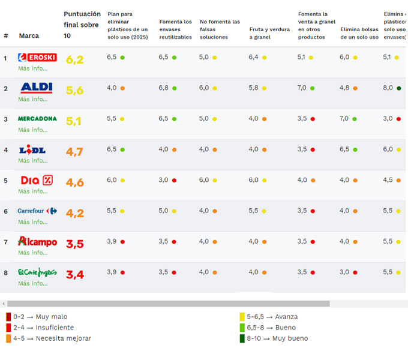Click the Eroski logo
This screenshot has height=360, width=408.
click(37, 58)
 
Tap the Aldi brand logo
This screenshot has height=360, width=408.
click(37, 88)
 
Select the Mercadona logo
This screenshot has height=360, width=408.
click(37, 119)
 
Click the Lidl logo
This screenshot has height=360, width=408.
click(32, 150)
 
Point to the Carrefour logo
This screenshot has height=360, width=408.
click(37, 211)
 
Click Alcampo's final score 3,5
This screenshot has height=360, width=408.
click(75, 244)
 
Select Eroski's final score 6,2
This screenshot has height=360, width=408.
click(75, 59)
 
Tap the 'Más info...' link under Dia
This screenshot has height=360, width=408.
click(32, 191)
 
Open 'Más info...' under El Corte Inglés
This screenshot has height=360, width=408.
click(32, 283)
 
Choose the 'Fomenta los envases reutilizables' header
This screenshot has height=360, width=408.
click(176, 29)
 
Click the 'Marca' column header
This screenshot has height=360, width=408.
click(29, 36)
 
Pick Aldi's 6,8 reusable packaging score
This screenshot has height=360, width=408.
click(163, 88)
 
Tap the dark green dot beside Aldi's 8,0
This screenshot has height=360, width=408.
click(399, 88)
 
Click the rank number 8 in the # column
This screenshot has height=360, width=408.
click(5, 272)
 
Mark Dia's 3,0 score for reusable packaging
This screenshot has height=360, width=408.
click(163, 180)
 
